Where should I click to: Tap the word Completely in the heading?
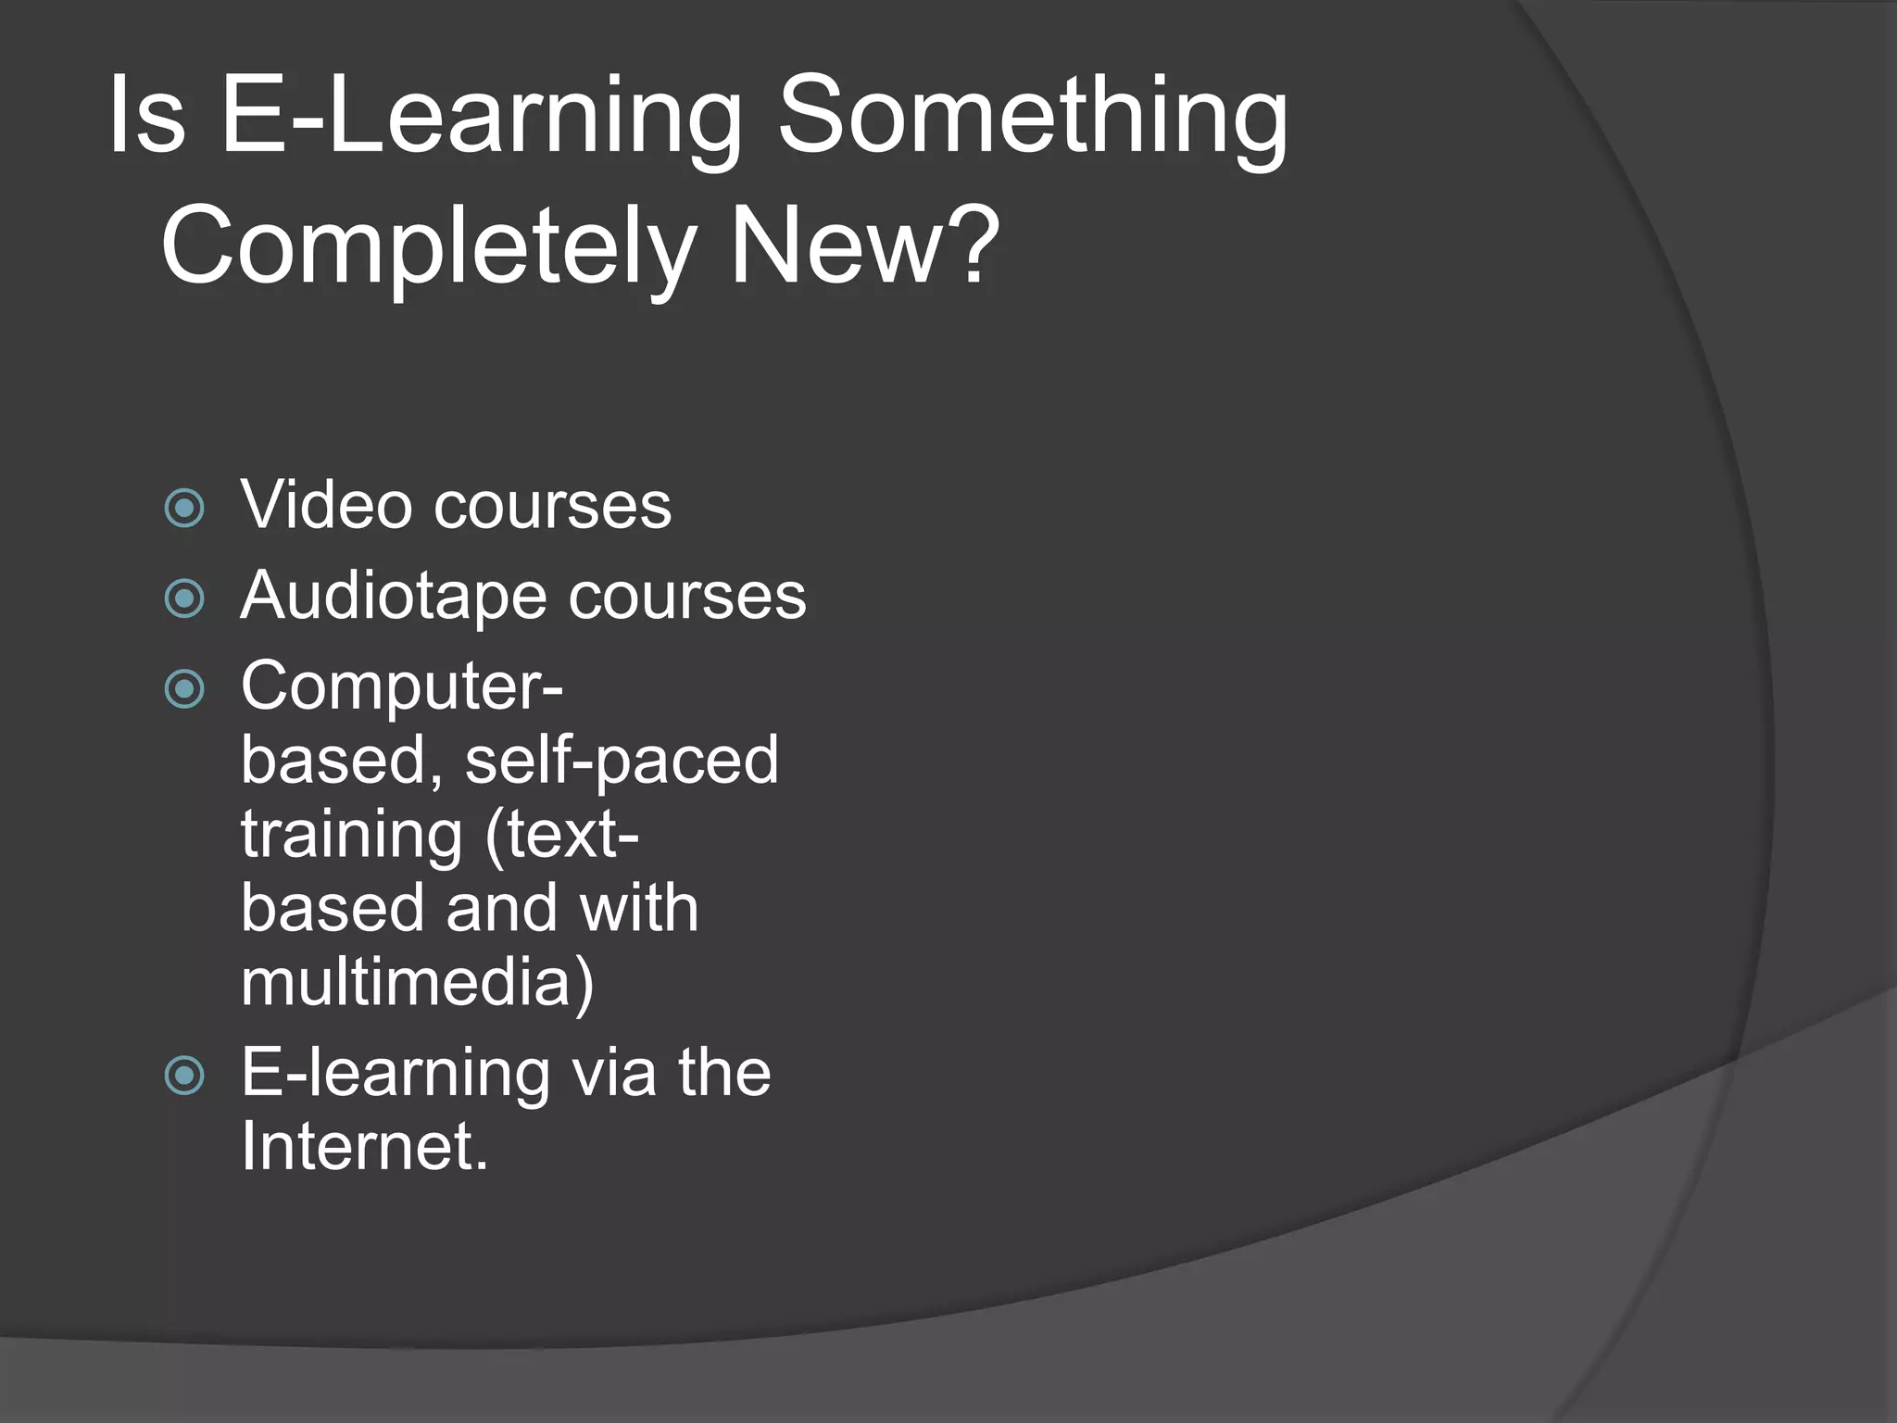tap(428, 246)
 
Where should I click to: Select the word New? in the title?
tap(864, 246)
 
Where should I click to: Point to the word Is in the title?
tap(146, 117)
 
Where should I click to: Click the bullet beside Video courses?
tap(184, 508)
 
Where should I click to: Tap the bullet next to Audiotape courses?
tap(184, 598)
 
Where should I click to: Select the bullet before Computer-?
tap(184, 689)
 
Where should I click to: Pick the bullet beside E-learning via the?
tap(184, 1076)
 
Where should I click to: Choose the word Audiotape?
tap(394, 597)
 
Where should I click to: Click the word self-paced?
tap(622, 761)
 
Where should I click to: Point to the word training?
tap(351, 836)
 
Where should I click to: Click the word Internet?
tap(364, 1148)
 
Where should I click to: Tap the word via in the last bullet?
tap(613, 1074)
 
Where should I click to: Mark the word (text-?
tap(562, 836)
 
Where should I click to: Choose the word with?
tap(638, 909)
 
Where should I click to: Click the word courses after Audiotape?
tap(687, 597)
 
